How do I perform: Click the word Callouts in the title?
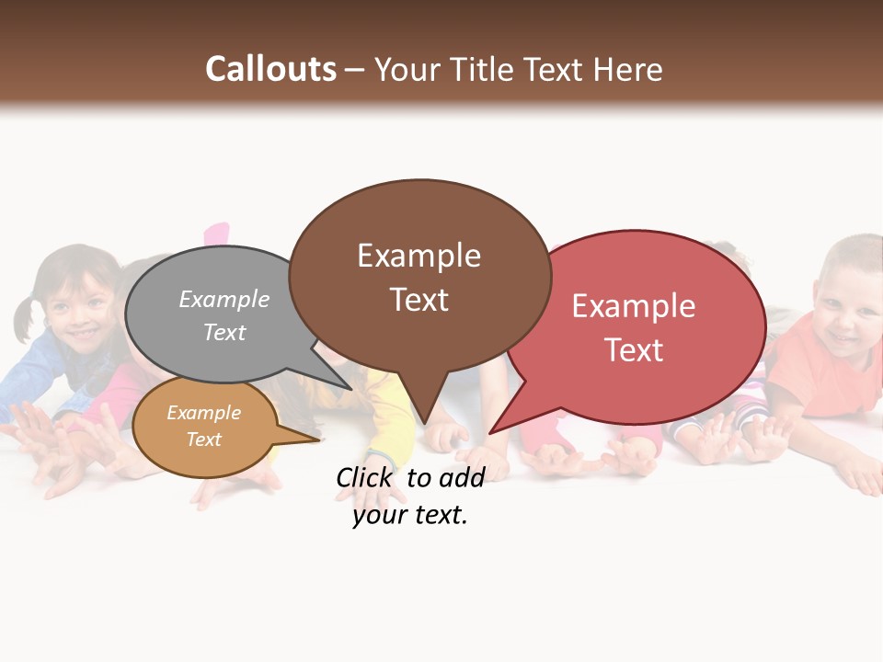tap(270, 69)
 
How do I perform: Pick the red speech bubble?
tap(644, 326)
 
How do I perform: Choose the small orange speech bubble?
tap(204, 428)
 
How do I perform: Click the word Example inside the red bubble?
tap(634, 306)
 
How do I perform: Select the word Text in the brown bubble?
tap(419, 300)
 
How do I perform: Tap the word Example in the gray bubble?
tap(224, 299)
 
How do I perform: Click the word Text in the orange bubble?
tap(204, 439)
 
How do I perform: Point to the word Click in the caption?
tap(364, 477)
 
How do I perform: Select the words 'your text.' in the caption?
tap(410, 515)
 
